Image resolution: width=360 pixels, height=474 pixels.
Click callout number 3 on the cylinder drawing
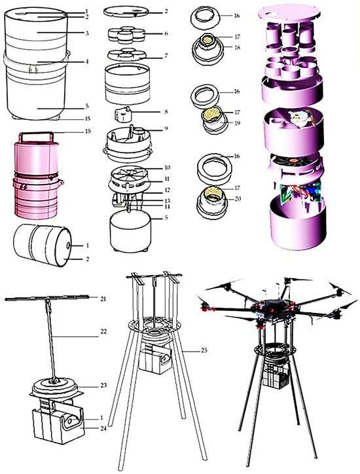click(87, 33)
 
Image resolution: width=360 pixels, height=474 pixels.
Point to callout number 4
click(87, 62)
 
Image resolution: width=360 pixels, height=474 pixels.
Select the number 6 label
click(166, 33)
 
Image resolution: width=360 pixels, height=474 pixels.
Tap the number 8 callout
click(166, 111)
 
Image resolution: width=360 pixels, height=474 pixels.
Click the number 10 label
click(167, 168)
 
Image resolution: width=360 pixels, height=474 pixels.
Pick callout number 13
click(167, 201)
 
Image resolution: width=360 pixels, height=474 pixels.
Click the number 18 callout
click(238, 47)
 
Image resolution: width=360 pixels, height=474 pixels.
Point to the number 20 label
click(238, 199)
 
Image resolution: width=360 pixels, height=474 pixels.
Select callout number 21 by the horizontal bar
click(103, 299)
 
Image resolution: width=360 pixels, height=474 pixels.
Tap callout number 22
click(103, 331)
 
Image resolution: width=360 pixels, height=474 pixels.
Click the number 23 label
click(103, 386)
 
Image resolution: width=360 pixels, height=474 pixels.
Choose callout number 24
click(103, 428)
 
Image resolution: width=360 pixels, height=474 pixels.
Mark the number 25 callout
click(204, 350)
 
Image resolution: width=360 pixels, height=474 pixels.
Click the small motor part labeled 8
click(123, 115)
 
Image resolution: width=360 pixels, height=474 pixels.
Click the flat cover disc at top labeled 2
click(126, 12)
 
